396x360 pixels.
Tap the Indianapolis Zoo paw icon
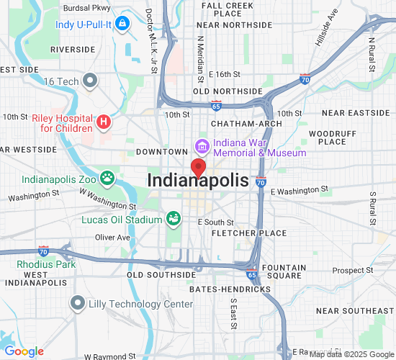107,177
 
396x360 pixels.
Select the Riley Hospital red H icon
104,122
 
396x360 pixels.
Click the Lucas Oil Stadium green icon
173,217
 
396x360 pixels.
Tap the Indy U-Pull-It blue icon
122,24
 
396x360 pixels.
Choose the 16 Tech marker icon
90,81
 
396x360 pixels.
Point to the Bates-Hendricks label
230,289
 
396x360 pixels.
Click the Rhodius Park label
46,264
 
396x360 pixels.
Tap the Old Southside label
161,275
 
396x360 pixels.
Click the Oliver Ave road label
113,237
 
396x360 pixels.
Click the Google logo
24,351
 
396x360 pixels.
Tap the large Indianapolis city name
198,181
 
